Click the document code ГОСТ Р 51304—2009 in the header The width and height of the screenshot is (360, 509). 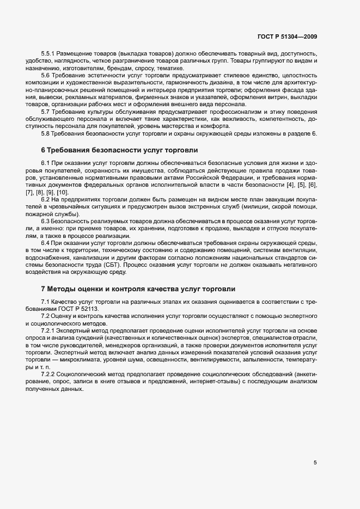click(x=286, y=37)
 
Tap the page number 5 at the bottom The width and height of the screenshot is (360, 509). click(x=315, y=463)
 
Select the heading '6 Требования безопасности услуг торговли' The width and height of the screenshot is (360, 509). click(x=119, y=150)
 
